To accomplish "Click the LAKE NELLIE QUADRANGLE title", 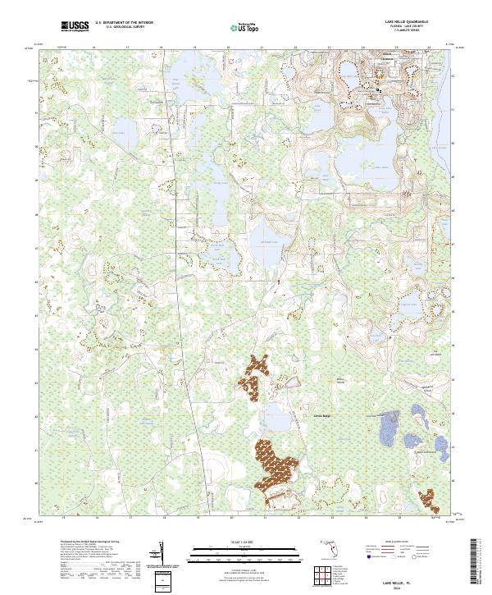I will tap(399, 22).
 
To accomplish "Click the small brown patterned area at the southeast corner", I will tap(426, 499).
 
